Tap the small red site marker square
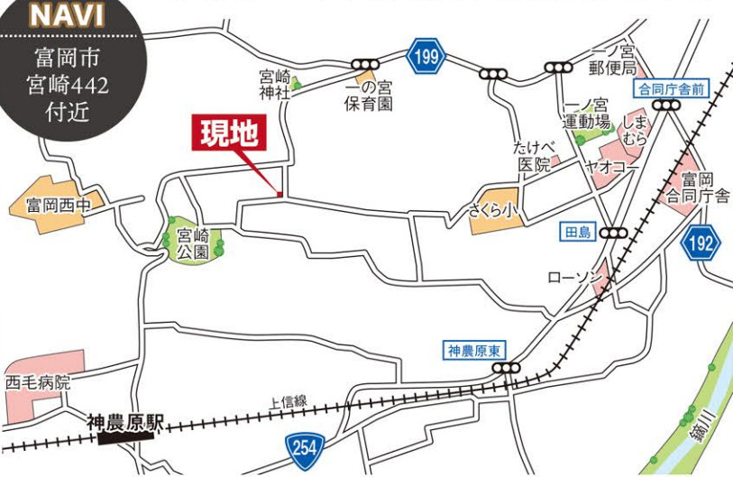pos(279,194)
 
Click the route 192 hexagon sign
pos(701,242)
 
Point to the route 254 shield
pos(303,445)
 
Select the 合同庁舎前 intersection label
pos(672,88)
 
